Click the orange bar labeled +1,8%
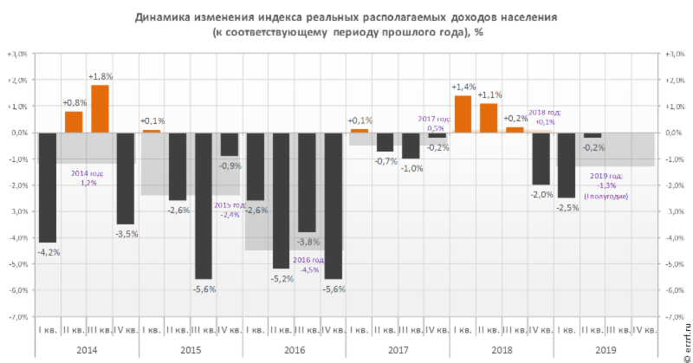click(x=100, y=108)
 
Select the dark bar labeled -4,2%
click(x=47, y=187)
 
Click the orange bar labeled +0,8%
click(x=74, y=122)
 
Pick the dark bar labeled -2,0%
click(x=541, y=159)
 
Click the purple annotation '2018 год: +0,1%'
click(x=543, y=117)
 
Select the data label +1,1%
click(x=490, y=95)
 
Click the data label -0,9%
click(x=230, y=165)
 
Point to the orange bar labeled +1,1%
click(x=489, y=118)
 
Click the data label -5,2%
click(x=282, y=278)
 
